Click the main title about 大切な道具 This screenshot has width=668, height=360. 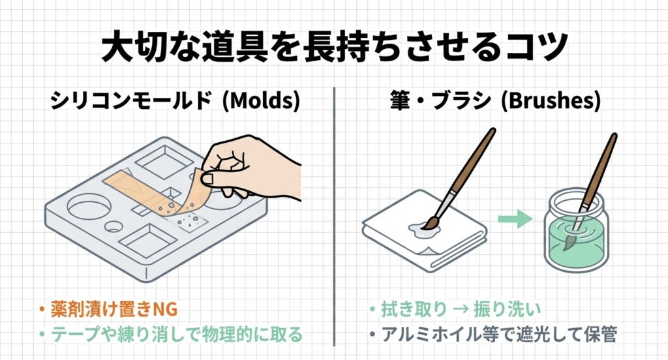click(334, 49)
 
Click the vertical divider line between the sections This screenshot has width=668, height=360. click(334, 215)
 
